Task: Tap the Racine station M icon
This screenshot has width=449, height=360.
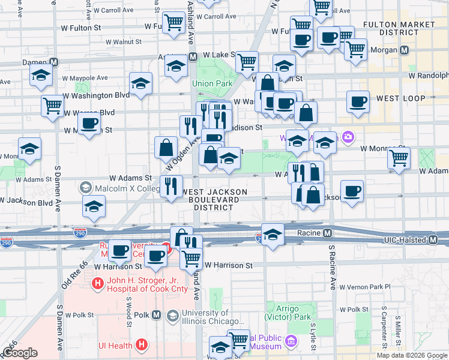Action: (328, 233)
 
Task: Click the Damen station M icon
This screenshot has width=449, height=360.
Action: (54, 62)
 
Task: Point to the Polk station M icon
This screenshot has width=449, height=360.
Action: (157, 314)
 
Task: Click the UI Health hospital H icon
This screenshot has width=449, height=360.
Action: (141, 345)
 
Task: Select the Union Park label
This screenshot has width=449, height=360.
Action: (207, 83)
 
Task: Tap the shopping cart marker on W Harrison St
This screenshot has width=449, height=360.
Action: (191, 258)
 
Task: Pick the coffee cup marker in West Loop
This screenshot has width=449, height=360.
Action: (358, 102)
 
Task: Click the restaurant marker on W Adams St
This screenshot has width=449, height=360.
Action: (172, 186)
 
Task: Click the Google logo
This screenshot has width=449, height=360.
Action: (20, 353)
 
